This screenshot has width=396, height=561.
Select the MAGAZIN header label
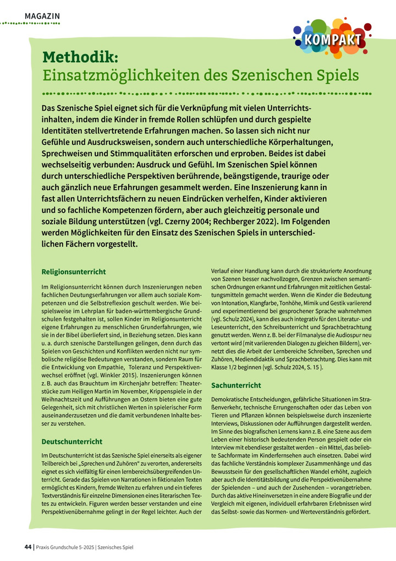tap(42, 17)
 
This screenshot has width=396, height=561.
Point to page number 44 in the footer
tap(28, 547)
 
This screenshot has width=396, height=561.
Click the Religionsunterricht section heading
tap(74, 271)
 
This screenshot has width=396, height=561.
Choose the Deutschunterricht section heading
tap(71, 441)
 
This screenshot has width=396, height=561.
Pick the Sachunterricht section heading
tap(237, 385)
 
